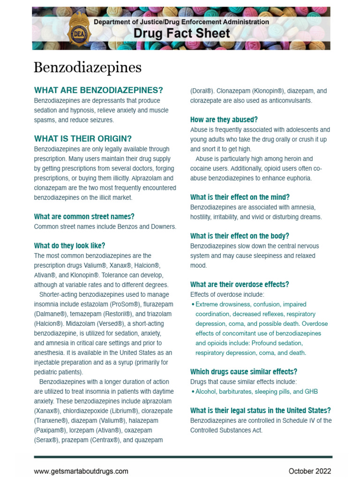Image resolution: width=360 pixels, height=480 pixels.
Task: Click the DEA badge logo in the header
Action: tap(77, 29)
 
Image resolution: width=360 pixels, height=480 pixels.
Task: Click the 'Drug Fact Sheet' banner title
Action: tap(181, 34)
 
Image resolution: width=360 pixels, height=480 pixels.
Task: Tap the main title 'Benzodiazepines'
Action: tap(87, 67)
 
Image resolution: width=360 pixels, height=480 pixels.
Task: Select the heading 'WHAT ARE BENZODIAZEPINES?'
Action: tap(98, 90)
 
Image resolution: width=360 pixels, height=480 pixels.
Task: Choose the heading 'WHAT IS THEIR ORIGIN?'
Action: tap(83, 139)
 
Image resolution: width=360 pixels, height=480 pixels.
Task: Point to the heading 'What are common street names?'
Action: tap(84, 217)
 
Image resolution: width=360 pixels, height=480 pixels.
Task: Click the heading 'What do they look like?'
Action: tap(69, 246)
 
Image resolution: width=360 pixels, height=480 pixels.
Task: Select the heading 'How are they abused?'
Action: tap(224, 120)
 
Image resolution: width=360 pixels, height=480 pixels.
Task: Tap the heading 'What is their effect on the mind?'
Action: tap(240, 197)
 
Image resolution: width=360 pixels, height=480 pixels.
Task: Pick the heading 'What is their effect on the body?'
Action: tap(240, 236)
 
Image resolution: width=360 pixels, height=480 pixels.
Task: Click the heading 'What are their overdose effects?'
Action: tap(239, 285)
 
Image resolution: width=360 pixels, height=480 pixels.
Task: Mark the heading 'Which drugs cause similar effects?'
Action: tap(243, 372)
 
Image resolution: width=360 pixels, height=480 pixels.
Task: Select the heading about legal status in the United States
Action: tap(260, 410)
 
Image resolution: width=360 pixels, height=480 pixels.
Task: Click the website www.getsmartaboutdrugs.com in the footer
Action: tap(81, 471)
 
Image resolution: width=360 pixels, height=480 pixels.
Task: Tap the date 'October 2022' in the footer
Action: tap(309, 471)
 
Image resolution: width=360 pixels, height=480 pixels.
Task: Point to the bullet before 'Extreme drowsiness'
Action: tap(193, 305)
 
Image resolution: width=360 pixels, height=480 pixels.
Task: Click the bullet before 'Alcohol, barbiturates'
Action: tap(193, 391)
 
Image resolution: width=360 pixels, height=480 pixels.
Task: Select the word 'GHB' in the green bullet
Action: tap(311, 391)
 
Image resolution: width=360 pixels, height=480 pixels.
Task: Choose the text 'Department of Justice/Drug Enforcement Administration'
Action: tap(181, 22)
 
